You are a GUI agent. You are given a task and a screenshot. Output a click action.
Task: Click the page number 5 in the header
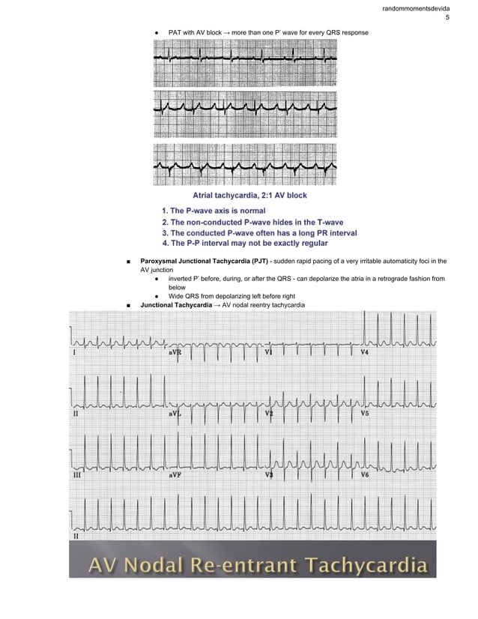coord(447,18)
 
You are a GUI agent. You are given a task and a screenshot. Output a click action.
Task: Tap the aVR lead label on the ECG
coord(175,352)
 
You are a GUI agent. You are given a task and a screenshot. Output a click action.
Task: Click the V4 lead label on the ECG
coord(365,352)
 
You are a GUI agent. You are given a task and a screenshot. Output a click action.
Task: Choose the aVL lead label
coord(175,413)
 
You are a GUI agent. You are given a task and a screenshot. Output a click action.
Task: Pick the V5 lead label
coord(365,413)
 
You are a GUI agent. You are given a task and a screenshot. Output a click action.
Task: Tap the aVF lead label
coord(175,475)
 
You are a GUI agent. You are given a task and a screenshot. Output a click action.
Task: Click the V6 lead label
coord(365,475)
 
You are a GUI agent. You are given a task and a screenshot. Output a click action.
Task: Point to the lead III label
coord(77,475)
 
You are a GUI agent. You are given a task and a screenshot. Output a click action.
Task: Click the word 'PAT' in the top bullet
coord(175,34)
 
